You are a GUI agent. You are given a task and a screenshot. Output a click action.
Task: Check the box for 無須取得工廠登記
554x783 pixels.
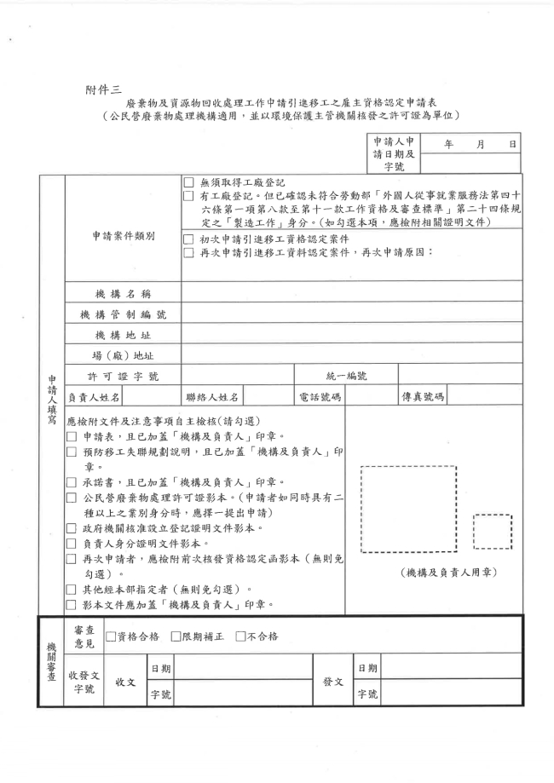(189, 183)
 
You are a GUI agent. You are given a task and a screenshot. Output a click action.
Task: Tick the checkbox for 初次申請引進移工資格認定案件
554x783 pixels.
(189, 239)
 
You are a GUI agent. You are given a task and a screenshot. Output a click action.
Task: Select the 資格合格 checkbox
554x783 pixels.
(111, 636)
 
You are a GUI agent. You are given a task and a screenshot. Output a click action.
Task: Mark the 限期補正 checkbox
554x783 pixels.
(176, 636)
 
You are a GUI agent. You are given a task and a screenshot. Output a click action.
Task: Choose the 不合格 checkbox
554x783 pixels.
(240, 636)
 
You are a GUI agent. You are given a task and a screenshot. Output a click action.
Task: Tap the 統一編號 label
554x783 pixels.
(346, 375)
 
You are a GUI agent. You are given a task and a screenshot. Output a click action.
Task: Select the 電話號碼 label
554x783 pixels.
(320, 396)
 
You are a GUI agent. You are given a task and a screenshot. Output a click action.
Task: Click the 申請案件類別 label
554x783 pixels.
(124, 237)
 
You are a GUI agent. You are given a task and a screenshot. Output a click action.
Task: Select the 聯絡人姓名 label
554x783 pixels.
(213, 396)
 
